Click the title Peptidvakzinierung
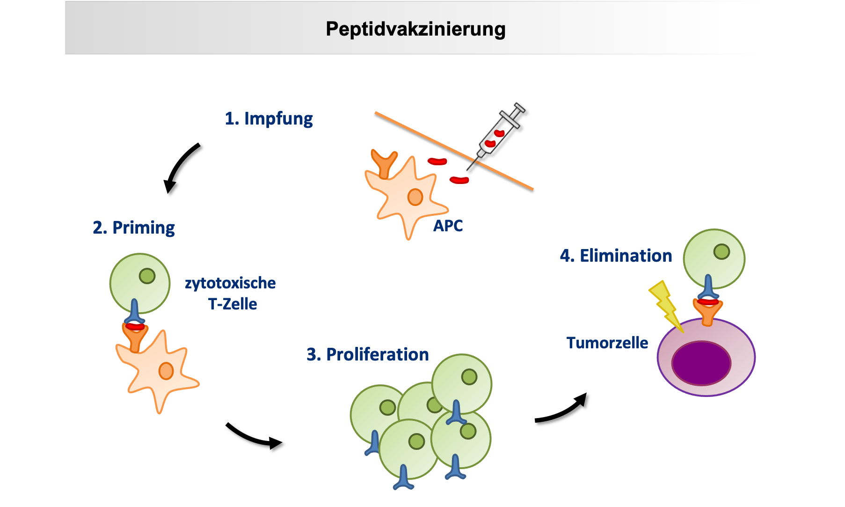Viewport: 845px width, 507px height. click(x=415, y=29)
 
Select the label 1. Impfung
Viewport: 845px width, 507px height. click(x=269, y=118)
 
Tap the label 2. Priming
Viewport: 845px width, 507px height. click(x=134, y=228)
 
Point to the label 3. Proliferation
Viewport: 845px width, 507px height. click(x=367, y=354)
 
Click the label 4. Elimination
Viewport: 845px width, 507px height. click(x=616, y=256)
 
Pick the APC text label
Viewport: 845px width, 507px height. click(x=448, y=226)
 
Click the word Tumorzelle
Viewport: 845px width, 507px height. click(x=607, y=343)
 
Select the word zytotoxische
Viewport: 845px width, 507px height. click(x=230, y=283)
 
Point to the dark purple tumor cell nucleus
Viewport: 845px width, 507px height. click(x=701, y=363)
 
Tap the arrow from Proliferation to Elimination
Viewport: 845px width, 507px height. click(x=561, y=410)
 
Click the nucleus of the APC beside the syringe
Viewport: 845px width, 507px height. click(x=415, y=197)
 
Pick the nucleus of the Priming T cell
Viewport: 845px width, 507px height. click(x=147, y=276)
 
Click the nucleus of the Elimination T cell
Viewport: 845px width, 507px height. click(x=721, y=251)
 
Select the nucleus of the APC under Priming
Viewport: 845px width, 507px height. click(x=166, y=371)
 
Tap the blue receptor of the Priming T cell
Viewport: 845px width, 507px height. click(x=135, y=311)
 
